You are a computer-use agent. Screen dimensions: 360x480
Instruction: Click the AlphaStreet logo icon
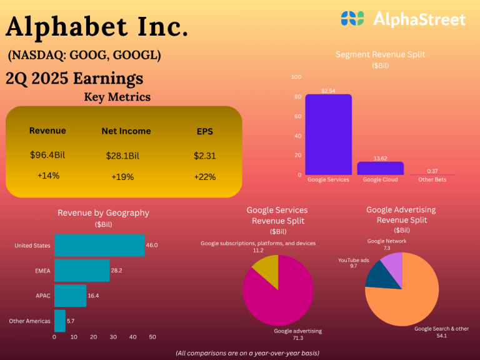[352, 19]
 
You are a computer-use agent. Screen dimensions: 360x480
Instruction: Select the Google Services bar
[328, 135]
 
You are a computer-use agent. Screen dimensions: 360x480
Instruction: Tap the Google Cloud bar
[380, 168]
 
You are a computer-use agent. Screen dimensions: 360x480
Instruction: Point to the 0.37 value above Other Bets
[432, 171]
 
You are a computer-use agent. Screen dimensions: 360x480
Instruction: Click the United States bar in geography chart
[99, 246]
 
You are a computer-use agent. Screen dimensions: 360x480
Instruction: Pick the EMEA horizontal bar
[82, 271]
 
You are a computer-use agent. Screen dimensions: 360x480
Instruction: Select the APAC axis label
[43, 296]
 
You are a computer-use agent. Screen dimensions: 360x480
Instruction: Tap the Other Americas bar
[60, 321]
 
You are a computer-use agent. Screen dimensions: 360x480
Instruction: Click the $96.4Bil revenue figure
[47, 155]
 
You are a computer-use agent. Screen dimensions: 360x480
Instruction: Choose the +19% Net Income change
[123, 177]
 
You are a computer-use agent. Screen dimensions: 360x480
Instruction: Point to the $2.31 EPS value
[204, 156]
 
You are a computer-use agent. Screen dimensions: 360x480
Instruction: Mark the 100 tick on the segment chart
[296, 77]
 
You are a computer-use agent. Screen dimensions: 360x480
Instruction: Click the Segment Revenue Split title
[380, 54]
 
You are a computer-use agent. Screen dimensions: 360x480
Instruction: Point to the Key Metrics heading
[117, 97]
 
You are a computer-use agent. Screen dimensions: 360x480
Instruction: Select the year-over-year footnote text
[247, 353]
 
